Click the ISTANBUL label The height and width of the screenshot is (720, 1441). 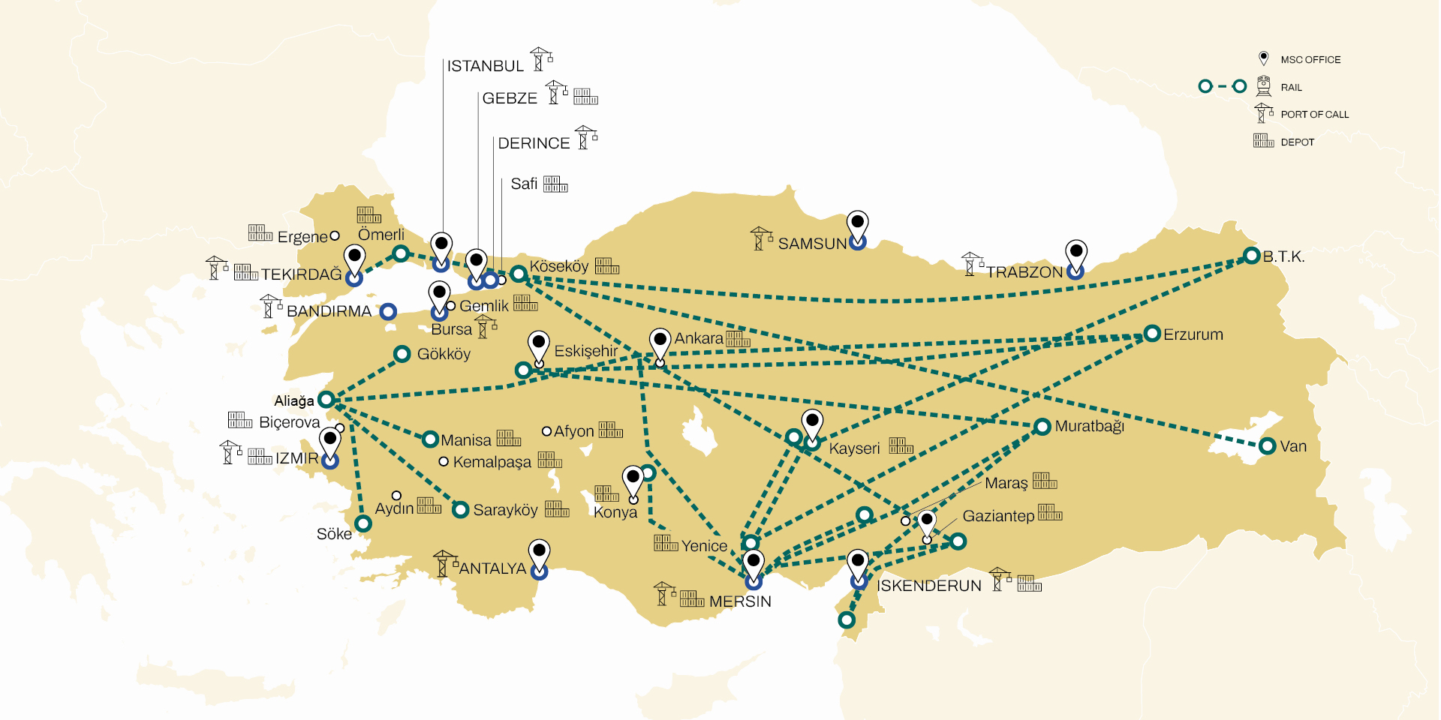tap(485, 66)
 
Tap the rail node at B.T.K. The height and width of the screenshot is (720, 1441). tap(1251, 256)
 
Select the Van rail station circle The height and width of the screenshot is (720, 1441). tap(1268, 446)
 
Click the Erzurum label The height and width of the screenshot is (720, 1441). tap(1193, 334)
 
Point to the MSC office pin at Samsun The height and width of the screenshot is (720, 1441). tap(857, 224)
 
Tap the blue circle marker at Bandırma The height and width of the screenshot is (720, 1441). tap(388, 311)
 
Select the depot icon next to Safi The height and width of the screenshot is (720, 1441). tap(555, 184)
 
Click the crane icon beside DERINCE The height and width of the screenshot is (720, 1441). tap(585, 138)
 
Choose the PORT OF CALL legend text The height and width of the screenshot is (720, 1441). tap(1314, 115)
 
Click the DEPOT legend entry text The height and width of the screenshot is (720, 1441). tap(1297, 142)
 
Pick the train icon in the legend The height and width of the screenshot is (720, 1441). tap(1264, 86)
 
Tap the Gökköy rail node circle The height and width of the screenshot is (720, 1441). tap(402, 353)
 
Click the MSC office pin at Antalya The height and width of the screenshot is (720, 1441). tap(539, 553)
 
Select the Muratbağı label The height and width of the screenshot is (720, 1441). tap(1089, 426)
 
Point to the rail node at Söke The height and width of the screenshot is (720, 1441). tap(363, 523)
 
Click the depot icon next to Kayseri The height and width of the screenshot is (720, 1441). tap(901, 446)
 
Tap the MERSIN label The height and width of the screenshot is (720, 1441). tap(739, 601)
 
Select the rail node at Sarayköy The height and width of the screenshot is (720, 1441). tap(461, 510)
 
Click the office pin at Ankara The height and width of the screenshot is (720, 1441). tap(660, 343)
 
